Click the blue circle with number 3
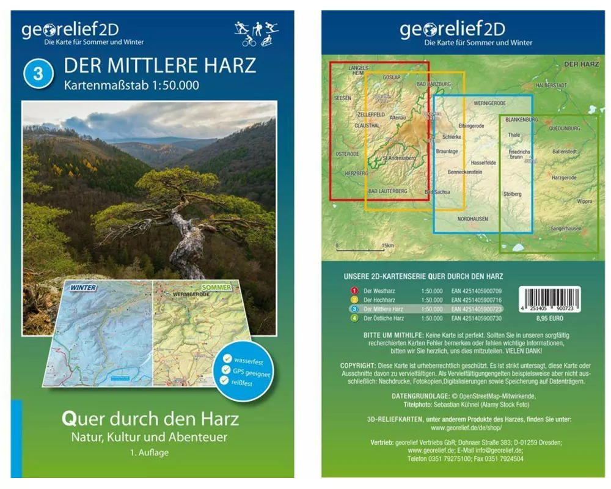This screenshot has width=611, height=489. click(38, 73)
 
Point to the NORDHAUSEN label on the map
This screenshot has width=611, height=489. click(473, 218)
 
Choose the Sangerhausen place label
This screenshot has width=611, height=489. click(566, 228)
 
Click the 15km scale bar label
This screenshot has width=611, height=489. click(387, 246)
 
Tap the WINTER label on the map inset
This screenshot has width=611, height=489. click(83, 287)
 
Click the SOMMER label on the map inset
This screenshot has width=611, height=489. click(216, 287)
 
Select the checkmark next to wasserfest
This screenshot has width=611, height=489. click(227, 359)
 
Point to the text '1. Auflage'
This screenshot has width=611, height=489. click(149, 453)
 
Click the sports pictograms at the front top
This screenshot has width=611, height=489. click(256, 34)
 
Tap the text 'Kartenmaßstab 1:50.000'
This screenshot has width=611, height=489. click(131, 85)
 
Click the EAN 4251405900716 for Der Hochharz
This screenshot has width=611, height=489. click(476, 300)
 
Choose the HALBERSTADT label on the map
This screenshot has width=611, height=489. click(551, 86)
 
